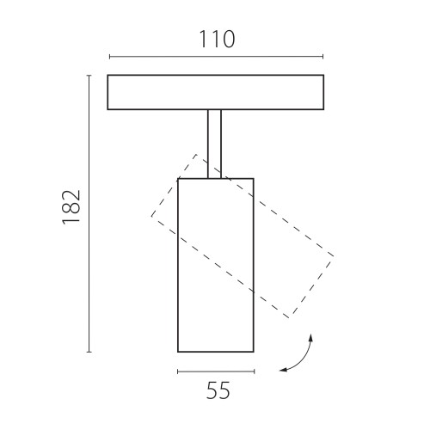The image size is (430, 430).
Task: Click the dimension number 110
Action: coord(217,40)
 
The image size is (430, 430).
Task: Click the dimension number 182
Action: coord(71,207)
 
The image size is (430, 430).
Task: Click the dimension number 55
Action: coord(218,390)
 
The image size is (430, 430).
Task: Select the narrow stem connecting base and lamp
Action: coord(214,144)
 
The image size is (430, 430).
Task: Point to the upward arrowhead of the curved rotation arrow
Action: coord(310,338)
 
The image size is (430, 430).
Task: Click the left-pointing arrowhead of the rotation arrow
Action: coord(283,370)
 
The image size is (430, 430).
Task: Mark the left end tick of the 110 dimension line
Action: coord(109,57)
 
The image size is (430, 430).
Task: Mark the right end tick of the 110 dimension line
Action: coord(323,57)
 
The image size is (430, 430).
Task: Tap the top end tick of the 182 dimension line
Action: coord(89,76)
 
